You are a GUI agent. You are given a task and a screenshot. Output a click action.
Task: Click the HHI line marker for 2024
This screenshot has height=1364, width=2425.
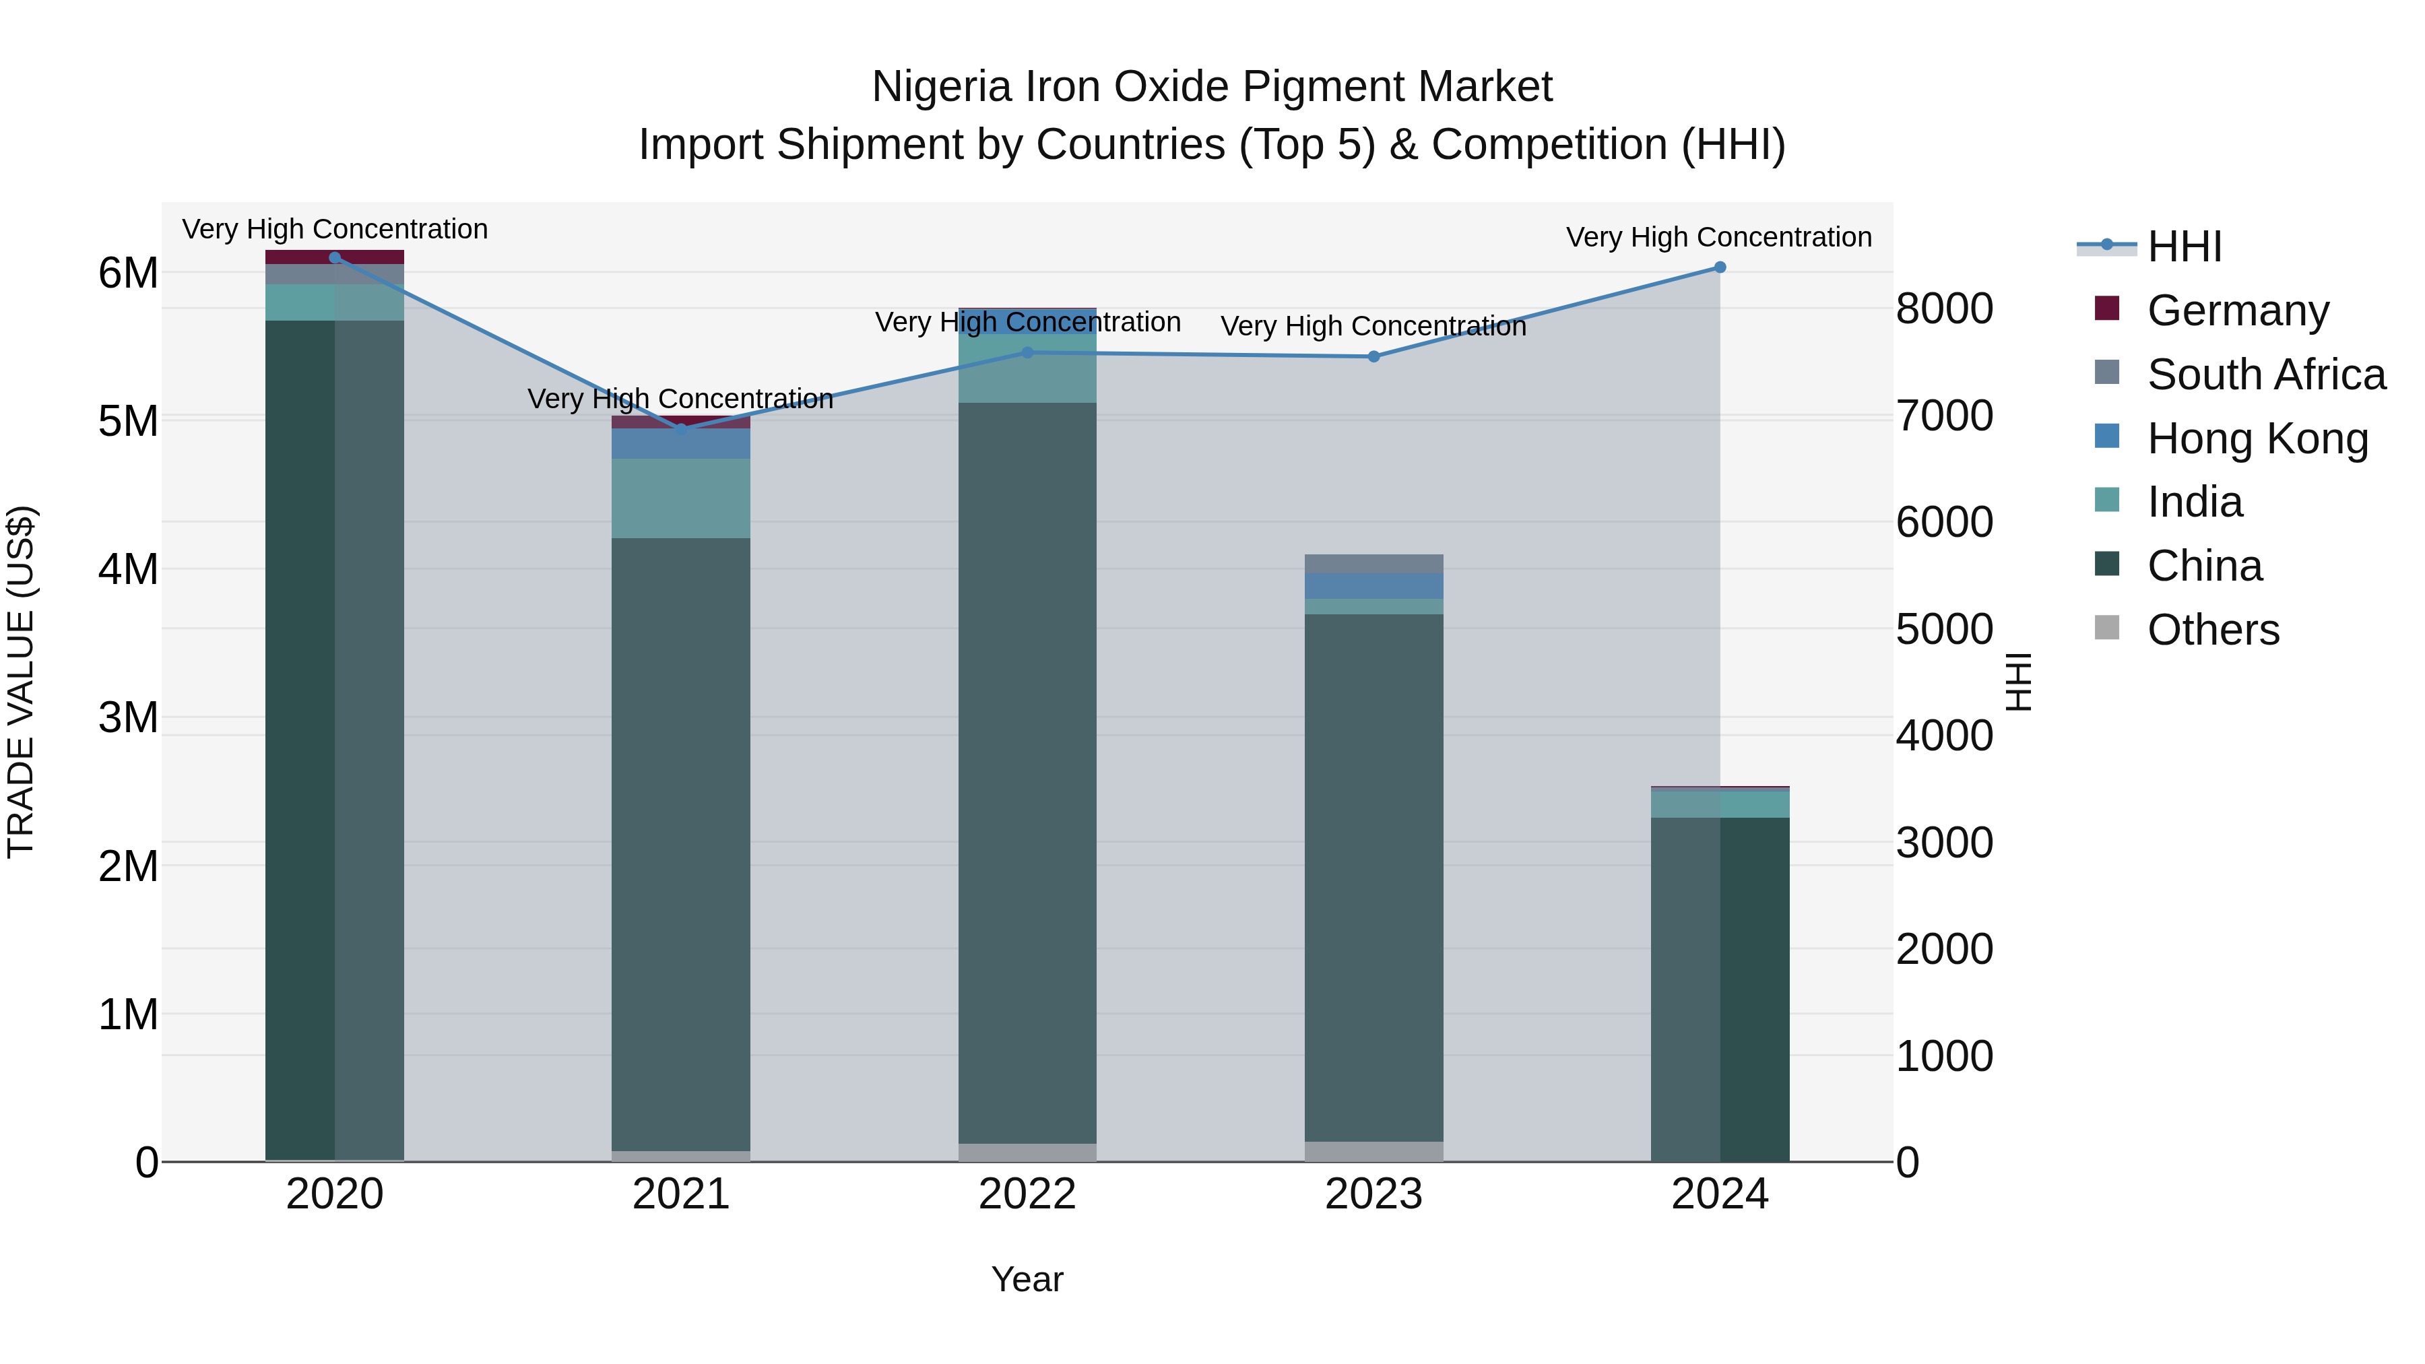(1719, 267)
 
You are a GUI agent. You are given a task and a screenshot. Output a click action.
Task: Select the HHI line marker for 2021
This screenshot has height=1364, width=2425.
(680, 428)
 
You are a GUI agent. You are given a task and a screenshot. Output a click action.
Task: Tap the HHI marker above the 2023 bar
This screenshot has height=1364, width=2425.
(1373, 357)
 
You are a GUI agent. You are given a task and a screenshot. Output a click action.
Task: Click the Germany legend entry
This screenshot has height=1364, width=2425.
(2238, 311)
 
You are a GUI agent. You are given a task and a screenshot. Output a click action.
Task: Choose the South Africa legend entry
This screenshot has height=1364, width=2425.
(2266, 375)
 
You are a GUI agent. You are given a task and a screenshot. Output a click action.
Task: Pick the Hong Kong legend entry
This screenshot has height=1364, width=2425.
(2257, 439)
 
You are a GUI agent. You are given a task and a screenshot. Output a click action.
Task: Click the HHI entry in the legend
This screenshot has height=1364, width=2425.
(2184, 247)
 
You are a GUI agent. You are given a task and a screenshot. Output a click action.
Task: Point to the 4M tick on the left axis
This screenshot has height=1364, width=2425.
(128, 569)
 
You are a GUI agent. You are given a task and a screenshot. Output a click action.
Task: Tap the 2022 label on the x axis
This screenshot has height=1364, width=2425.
(1027, 1194)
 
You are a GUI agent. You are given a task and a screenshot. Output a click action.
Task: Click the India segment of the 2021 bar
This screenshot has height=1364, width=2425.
(680, 499)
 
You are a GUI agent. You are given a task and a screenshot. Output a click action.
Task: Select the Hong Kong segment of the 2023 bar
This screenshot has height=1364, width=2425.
(1373, 585)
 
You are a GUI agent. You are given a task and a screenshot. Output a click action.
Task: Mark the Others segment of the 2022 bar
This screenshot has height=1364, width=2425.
(1027, 1152)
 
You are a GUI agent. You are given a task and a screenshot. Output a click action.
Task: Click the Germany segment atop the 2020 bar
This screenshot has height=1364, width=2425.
(334, 257)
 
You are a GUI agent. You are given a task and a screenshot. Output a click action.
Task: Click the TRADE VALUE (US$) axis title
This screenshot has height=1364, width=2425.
(21, 682)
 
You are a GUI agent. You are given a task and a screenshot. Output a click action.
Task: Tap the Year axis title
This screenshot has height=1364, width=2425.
(1027, 1279)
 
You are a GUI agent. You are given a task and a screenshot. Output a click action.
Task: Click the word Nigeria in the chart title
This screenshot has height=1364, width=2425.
(942, 87)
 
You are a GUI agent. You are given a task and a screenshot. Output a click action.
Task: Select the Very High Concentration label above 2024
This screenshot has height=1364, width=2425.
(1719, 237)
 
